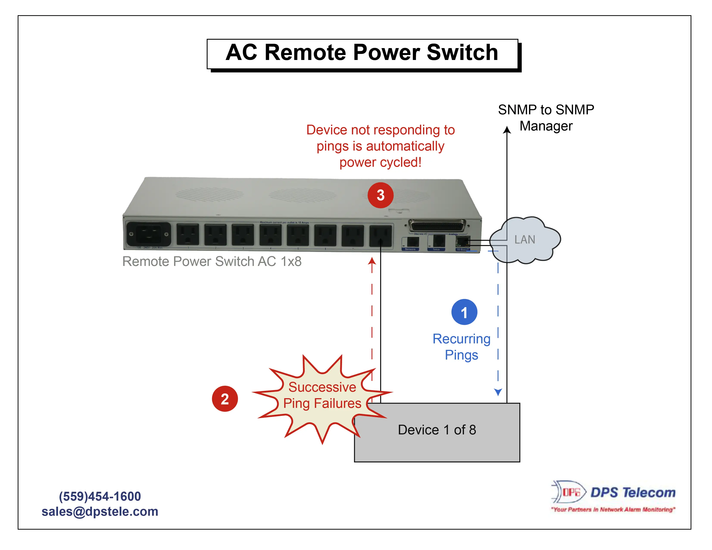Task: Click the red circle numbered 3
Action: coord(380,195)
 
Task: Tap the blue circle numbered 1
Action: coord(464,312)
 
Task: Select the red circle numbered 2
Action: coord(225,399)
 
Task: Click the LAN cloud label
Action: coord(525,240)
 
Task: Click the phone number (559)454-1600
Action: coord(100,496)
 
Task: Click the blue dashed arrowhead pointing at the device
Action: coord(498,392)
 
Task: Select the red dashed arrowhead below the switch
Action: coord(372,261)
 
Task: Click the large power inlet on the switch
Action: coord(148,234)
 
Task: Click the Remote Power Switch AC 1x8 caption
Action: coord(212,261)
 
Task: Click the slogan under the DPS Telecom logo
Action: coord(613,509)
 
